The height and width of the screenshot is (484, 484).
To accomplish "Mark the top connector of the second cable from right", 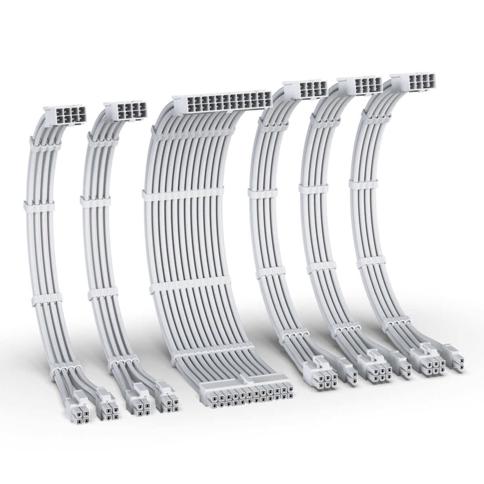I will [361, 85].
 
